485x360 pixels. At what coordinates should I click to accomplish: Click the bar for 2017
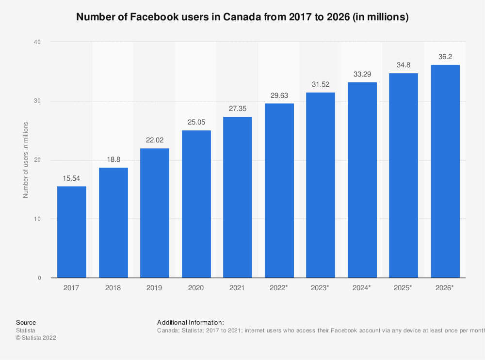click(x=72, y=232)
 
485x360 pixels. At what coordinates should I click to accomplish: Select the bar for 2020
click(x=196, y=204)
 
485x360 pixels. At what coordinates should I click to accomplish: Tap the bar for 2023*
click(x=320, y=185)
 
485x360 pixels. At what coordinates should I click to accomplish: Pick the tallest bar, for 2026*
click(x=445, y=171)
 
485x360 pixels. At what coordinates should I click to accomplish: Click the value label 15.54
click(x=72, y=179)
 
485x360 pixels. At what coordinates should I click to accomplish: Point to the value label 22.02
click(x=155, y=141)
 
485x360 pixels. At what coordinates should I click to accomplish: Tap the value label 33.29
click(x=362, y=75)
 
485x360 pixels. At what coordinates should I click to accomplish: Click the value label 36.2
click(x=445, y=57)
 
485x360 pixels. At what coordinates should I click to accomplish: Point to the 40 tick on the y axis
click(x=37, y=42)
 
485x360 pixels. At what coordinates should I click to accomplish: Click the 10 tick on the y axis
click(x=37, y=219)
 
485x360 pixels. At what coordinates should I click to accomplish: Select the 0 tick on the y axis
click(x=39, y=278)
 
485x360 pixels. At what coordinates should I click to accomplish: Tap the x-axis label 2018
click(x=113, y=288)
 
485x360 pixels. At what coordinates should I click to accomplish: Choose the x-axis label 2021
click(x=238, y=288)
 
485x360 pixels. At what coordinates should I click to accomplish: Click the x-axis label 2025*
click(x=404, y=288)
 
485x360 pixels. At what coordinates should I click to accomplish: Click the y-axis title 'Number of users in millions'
click(x=26, y=160)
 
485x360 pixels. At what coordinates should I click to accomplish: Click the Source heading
click(x=26, y=322)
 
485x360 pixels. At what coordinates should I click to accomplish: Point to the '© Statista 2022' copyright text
click(x=36, y=338)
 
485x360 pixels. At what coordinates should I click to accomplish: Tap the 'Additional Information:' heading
click(x=191, y=322)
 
